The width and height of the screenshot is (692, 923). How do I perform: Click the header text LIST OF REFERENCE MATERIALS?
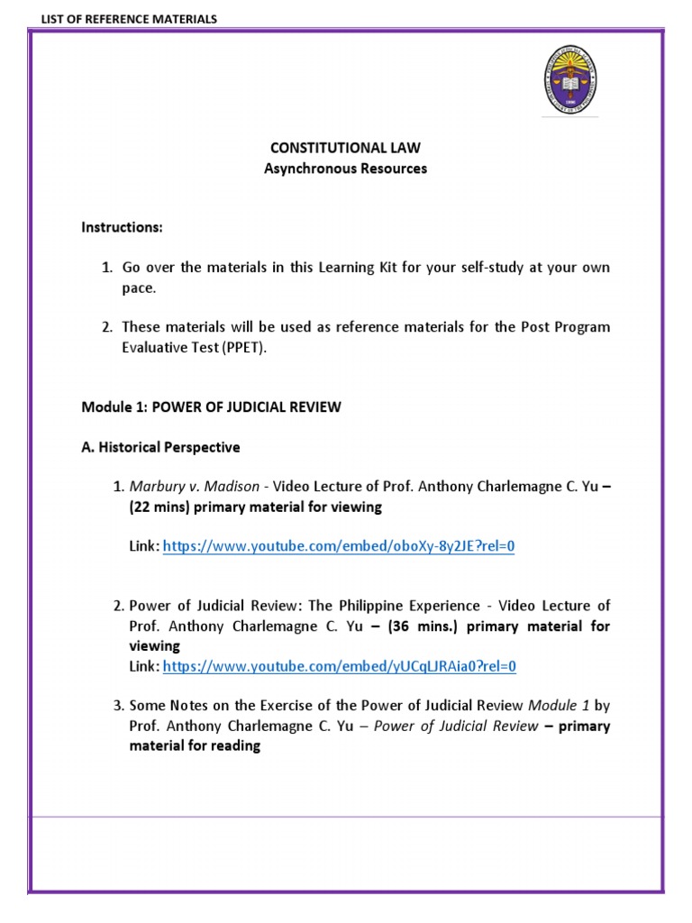click(115, 19)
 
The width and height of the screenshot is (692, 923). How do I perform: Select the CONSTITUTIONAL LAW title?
click(345, 147)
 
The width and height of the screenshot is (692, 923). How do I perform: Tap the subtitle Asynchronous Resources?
click(345, 169)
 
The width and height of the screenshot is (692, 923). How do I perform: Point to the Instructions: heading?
click(122, 227)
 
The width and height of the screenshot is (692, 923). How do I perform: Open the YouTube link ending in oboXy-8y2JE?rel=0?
click(338, 547)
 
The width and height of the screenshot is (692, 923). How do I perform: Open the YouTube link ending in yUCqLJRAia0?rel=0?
click(340, 666)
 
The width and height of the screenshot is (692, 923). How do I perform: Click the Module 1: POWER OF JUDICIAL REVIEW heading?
click(211, 407)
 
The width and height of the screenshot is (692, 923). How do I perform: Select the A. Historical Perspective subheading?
click(160, 446)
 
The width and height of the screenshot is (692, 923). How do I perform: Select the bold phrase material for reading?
click(195, 745)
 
